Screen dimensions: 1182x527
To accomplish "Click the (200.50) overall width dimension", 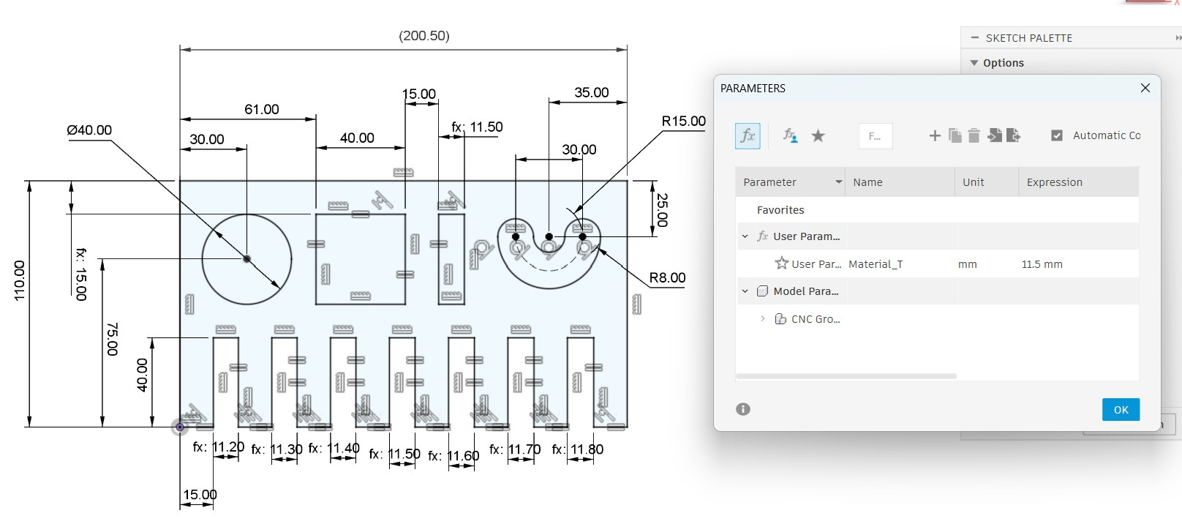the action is pyautogui.click(x=424, y=36).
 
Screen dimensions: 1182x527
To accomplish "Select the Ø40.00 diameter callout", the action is pyautogui.click(x=89, y=130).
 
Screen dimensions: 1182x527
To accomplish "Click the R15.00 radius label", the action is pyautogui.click(x=683, y=121).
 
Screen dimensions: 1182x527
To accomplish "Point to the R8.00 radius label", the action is pyautogui.click(x=667, y=277).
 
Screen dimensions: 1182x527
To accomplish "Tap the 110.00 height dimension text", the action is pyautogui.click(x=20, y=280).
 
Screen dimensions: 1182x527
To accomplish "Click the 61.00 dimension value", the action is pyautogui.click(x=261, y=109).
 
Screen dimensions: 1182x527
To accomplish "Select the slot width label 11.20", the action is pyautogui.click(x=228, y=446).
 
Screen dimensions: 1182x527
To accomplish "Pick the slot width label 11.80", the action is pyautogui.click(x=587, y=449).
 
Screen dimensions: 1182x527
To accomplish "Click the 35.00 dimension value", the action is pyautogui.click(x=592, y=92).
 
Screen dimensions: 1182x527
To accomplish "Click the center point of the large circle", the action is pyautogui.click(x=247, y=259).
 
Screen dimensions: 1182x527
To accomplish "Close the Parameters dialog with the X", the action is pyautogui.click(x=1145, y=88).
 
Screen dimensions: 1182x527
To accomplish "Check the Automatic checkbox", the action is pyautogui.click(x=1056, y=135).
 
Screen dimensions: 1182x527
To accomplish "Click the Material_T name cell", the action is pyautogui.click(x=876, y=264).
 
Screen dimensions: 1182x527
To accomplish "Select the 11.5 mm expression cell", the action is pyautogui.click(x=1042, y=264).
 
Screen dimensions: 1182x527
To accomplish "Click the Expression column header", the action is pyautogui.click(x=1054, y=182).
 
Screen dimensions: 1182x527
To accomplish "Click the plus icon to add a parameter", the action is pyautogui.click(x=935, y=135).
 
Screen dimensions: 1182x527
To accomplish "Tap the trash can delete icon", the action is pyautogui.click(x=974, y=135).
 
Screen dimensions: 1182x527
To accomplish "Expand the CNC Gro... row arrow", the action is pyautogui.click(x=762, y=318).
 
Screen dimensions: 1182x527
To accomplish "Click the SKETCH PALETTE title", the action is pyautogui.click(x=1029, y=38).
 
